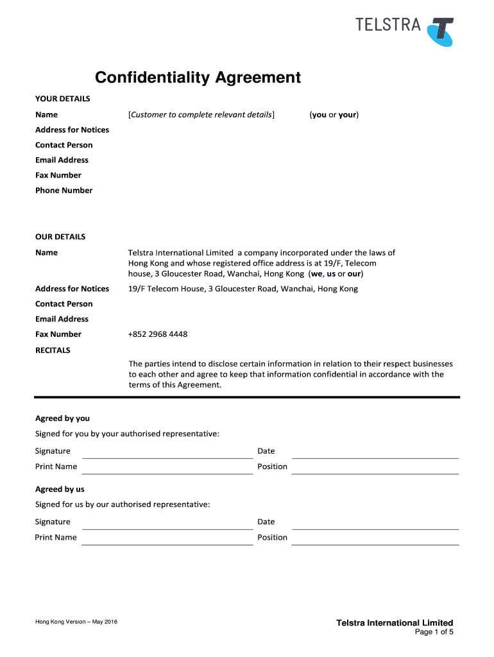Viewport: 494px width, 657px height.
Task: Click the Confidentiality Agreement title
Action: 198,78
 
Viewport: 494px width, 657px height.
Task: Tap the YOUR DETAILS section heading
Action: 62,99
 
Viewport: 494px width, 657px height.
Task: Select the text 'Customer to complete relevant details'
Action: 201,115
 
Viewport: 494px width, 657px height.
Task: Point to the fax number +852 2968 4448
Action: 158,334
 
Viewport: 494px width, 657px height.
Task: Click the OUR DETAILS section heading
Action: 60,237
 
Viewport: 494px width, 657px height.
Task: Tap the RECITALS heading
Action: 53,350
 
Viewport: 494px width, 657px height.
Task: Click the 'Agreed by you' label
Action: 62,418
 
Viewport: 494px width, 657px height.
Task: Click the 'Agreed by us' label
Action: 60,489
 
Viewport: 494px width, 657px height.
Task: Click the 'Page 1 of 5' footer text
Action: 434,633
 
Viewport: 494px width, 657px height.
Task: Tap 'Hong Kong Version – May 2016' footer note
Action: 76,622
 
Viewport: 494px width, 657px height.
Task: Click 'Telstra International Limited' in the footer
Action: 395,623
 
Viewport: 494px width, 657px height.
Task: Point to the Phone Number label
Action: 64,191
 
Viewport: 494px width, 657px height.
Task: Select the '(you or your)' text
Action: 334,115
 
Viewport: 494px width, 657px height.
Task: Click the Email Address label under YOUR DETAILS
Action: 62,160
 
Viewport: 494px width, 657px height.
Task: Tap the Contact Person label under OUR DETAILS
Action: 64,304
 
